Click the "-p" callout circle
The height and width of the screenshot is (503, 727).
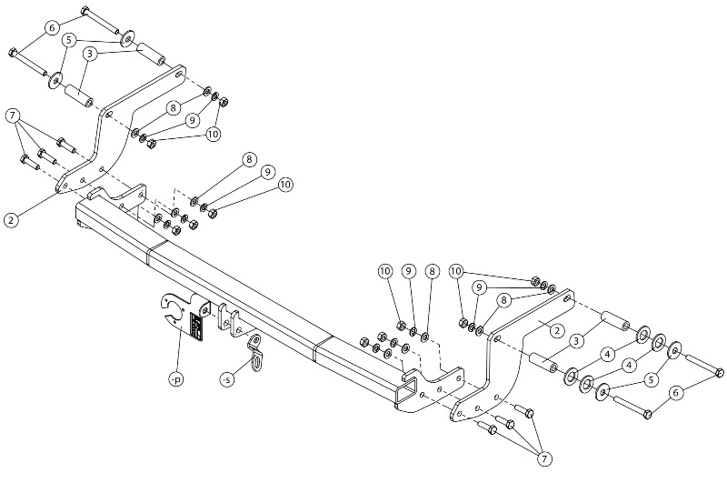coord(176,379)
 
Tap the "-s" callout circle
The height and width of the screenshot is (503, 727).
coord(226,380)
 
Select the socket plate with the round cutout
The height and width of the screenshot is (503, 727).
coord(184,316)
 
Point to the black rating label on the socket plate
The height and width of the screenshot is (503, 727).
coord(196,327)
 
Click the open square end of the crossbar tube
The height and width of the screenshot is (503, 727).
coord(406,388)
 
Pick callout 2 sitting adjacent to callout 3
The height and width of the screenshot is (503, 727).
coord(557,330)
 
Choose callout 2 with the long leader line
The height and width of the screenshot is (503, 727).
coord(11,219)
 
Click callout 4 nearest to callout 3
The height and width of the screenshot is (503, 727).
coord(608,355)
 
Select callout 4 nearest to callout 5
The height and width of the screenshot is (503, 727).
coord(629,365)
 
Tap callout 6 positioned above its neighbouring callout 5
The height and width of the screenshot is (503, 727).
coord(52,28)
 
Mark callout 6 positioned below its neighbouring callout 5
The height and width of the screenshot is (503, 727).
coord(675,393)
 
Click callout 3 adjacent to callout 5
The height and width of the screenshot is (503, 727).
coord(89,54)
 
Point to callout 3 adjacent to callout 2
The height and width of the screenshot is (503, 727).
coord(576,342)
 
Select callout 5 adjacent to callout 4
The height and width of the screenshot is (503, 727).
coord(651,380)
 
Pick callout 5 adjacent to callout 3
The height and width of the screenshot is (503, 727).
coord(69,40)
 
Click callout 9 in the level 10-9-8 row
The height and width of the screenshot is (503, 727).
coord(408,271)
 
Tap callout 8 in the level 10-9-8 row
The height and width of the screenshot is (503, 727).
coord(432,271)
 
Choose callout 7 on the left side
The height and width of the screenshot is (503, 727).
coord(13,116)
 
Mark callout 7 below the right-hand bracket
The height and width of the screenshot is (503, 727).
coord(544,459)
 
